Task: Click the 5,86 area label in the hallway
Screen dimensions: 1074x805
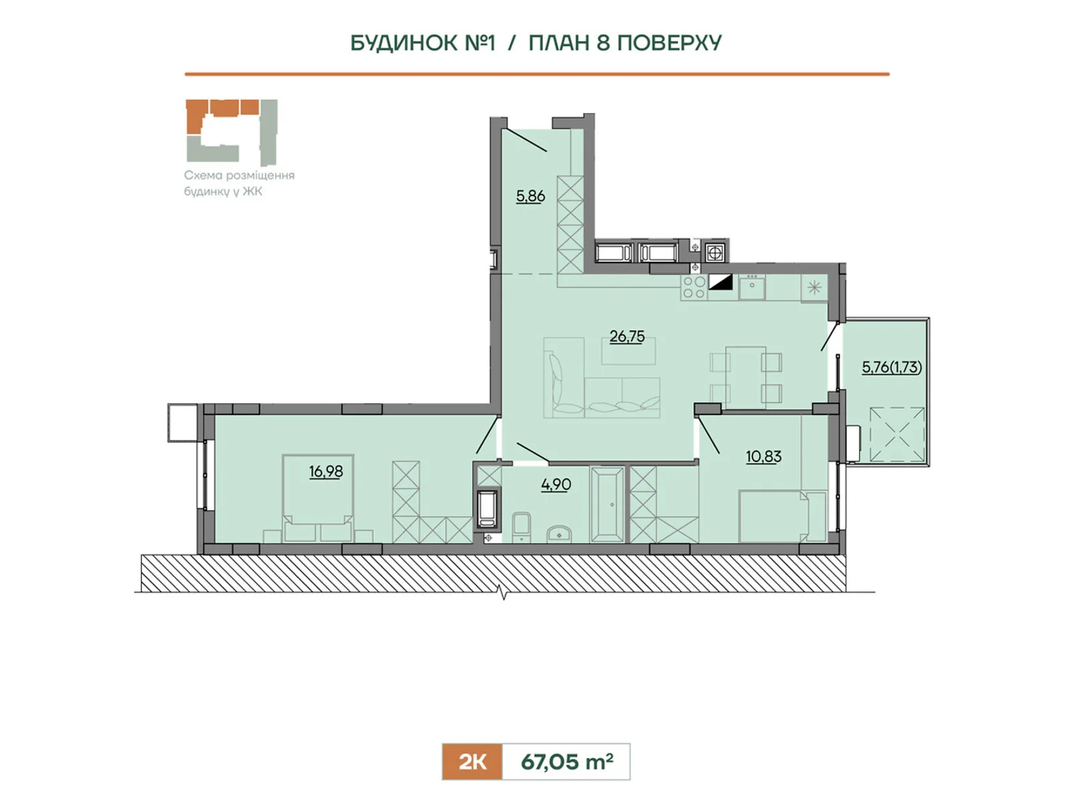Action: coord(530,196)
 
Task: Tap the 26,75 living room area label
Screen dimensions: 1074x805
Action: coord(627,336)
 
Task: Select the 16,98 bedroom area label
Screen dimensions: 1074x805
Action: coord(326,471)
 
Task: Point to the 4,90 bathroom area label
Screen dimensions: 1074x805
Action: coord(556,484)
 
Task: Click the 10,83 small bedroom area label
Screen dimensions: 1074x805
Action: coord(763,457)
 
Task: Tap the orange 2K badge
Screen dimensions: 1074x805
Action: coord(472,761)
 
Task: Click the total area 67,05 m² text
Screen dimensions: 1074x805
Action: coord(567,761)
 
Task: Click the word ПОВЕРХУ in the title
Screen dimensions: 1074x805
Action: coord(669,43)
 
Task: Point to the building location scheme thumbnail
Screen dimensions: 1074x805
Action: coord(232,132)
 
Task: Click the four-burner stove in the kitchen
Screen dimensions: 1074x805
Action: coord(694,287)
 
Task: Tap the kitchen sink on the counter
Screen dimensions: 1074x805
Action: coord(752,287)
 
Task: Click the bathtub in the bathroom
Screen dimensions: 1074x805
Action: coord(607,504)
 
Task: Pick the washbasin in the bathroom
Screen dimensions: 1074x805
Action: coord(558,534)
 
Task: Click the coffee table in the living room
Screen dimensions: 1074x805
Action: coord(629,351)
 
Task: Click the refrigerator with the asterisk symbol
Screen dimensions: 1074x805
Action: coord(814,288)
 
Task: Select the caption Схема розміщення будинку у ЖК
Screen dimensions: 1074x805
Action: coord(239,182)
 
